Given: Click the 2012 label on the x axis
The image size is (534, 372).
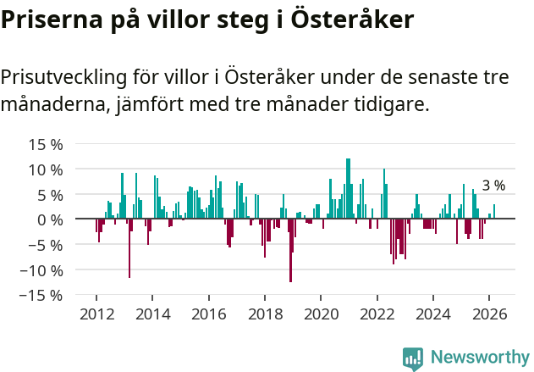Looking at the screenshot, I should [96, 314].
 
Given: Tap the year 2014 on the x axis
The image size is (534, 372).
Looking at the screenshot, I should [152, 314].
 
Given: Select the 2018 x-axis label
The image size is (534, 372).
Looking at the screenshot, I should [264, 314].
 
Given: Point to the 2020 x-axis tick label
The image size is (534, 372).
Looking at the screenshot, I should [321, 314].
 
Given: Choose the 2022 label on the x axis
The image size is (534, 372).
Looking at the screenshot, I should [377, 314].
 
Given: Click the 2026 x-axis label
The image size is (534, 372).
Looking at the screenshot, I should [488, 314].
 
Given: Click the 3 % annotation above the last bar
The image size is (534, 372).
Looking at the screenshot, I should [493, 186].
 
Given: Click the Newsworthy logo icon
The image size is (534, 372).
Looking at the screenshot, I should [413, 358].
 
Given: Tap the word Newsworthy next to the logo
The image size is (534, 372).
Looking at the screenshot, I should [479, 358].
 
